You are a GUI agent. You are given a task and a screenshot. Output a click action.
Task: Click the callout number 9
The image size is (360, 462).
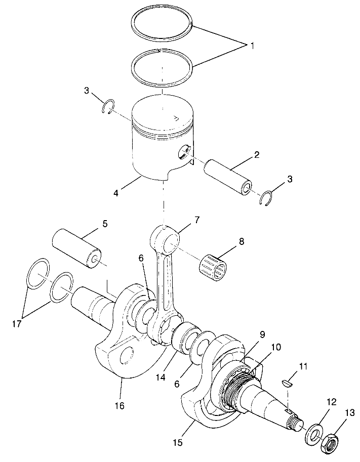[248, 334]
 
